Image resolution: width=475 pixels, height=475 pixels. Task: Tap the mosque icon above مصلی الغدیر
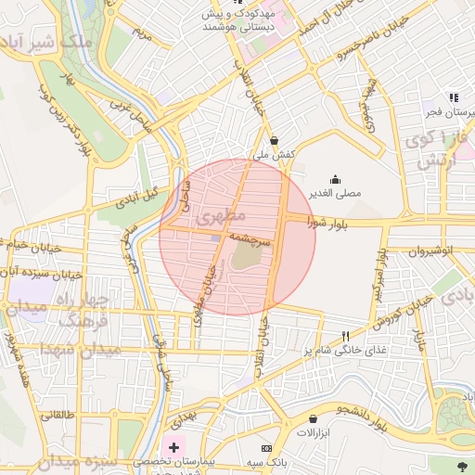click(335, 180)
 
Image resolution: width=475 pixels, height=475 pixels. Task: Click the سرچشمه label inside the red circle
click(250, 237)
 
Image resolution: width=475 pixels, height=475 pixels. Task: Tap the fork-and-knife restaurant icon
click(345, 336)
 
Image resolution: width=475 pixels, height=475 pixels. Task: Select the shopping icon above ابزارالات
click(313, 419)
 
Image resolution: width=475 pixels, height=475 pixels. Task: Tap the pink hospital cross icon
click(173, 447)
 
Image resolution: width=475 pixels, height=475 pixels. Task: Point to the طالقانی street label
click(58, 415)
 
